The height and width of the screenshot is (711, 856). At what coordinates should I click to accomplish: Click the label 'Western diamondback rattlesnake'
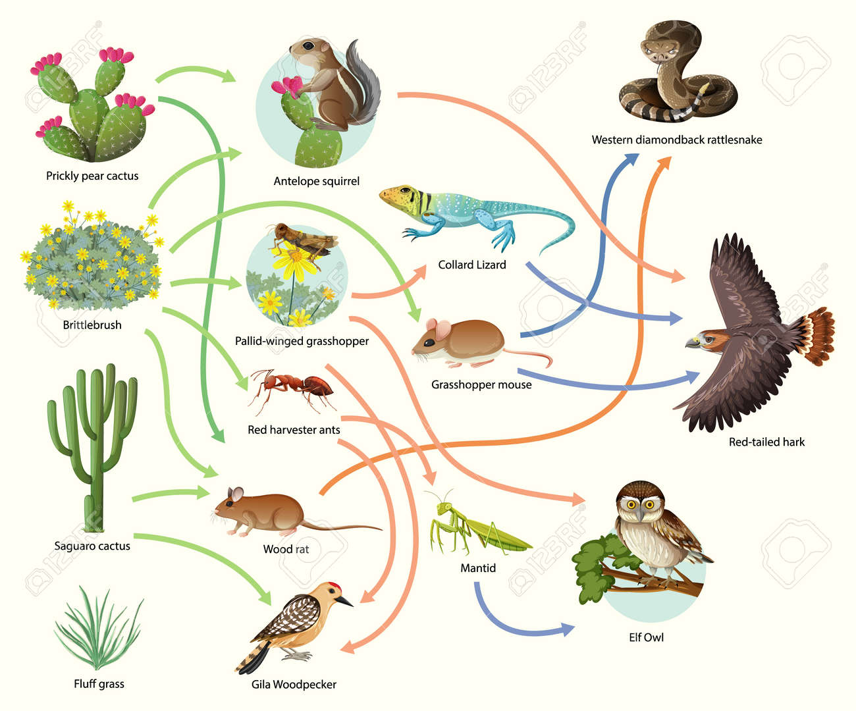(677, 140)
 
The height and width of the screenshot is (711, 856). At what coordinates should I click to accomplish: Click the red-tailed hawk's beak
(693, 342)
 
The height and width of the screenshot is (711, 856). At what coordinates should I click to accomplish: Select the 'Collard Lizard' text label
(472, 265)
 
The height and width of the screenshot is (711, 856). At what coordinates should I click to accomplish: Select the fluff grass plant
(99, 629)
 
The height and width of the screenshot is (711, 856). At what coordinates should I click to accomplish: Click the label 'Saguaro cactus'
(92, 546)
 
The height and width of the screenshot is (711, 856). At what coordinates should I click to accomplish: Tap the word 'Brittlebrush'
(92, 325)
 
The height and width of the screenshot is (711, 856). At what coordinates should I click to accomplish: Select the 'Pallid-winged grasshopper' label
(302, 341)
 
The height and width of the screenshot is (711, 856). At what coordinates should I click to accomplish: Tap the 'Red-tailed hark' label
(766, 442)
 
